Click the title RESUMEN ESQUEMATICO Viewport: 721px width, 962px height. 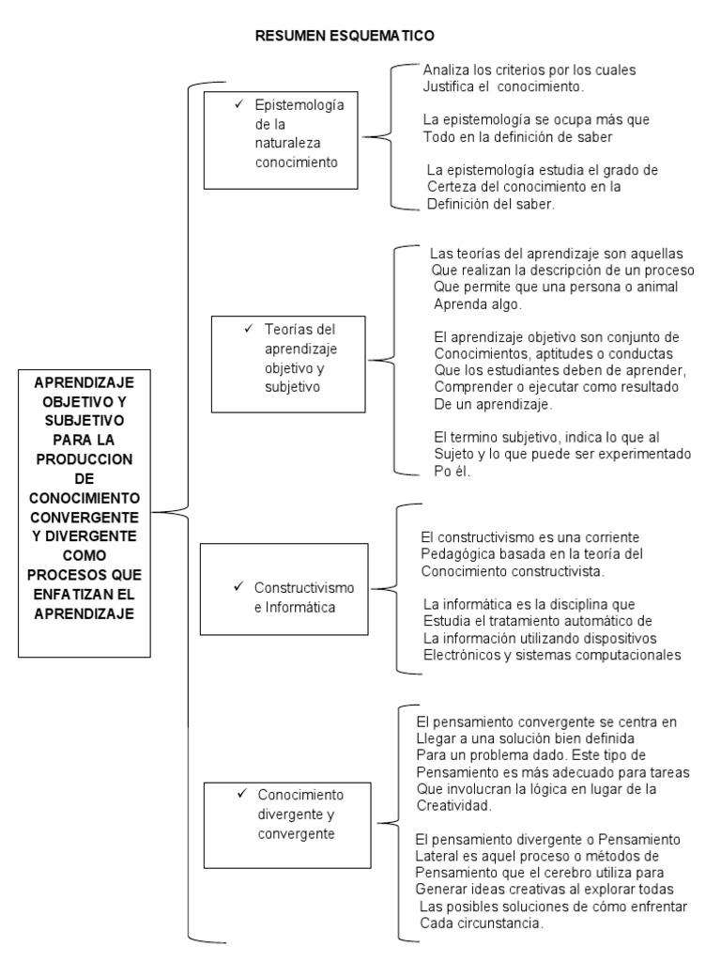tap(345, 36)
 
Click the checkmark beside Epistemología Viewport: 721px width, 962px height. tap(239, 104)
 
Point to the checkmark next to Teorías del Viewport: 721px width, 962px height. tap(248, 329)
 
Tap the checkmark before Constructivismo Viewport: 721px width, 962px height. tap(239, 587)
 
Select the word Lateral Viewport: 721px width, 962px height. tap(437, 856)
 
